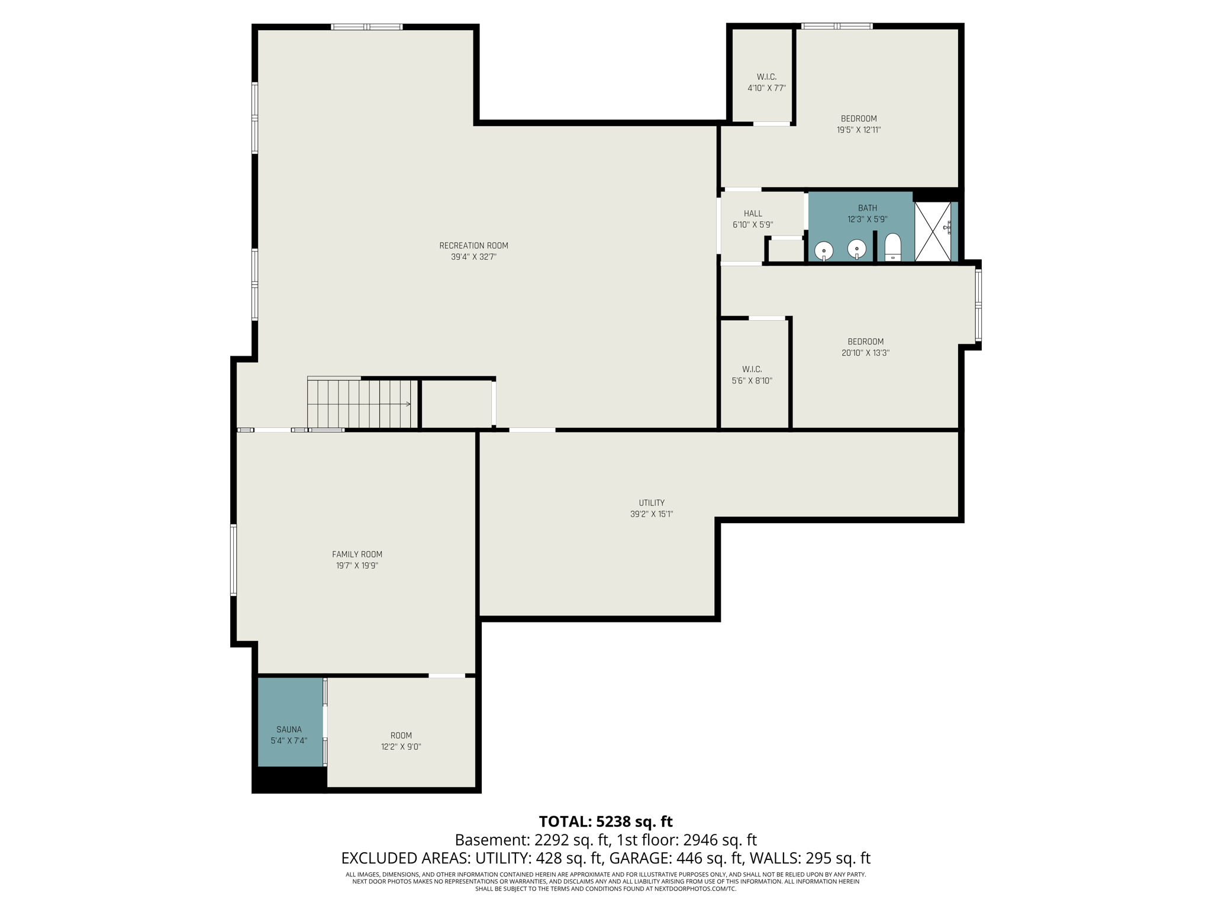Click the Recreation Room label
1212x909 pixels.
tap(473, 246)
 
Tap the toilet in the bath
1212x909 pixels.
tap(892, 247)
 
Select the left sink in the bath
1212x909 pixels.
tap(824, 251)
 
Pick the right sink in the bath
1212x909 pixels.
tap(856, 249)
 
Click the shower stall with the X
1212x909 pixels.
tap(933, 231)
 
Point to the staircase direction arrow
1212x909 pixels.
tap(407, 404)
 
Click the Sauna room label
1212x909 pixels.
tap(289, 730)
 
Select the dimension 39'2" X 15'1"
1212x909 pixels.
tap(652, 514)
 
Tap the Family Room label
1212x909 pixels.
tap(357, 555)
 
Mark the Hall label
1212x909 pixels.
tap(753, 214)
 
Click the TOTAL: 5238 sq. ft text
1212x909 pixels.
tap(605, 821)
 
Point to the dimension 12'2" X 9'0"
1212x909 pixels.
tap(401, 747)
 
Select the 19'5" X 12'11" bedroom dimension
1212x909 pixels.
tap(858, 130)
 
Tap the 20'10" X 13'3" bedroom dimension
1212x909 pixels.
tap(865, 353)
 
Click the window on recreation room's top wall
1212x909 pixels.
tap(366, 27)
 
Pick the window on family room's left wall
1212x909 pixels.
tap(234, 559)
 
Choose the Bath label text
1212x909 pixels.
tap(867, 208)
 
